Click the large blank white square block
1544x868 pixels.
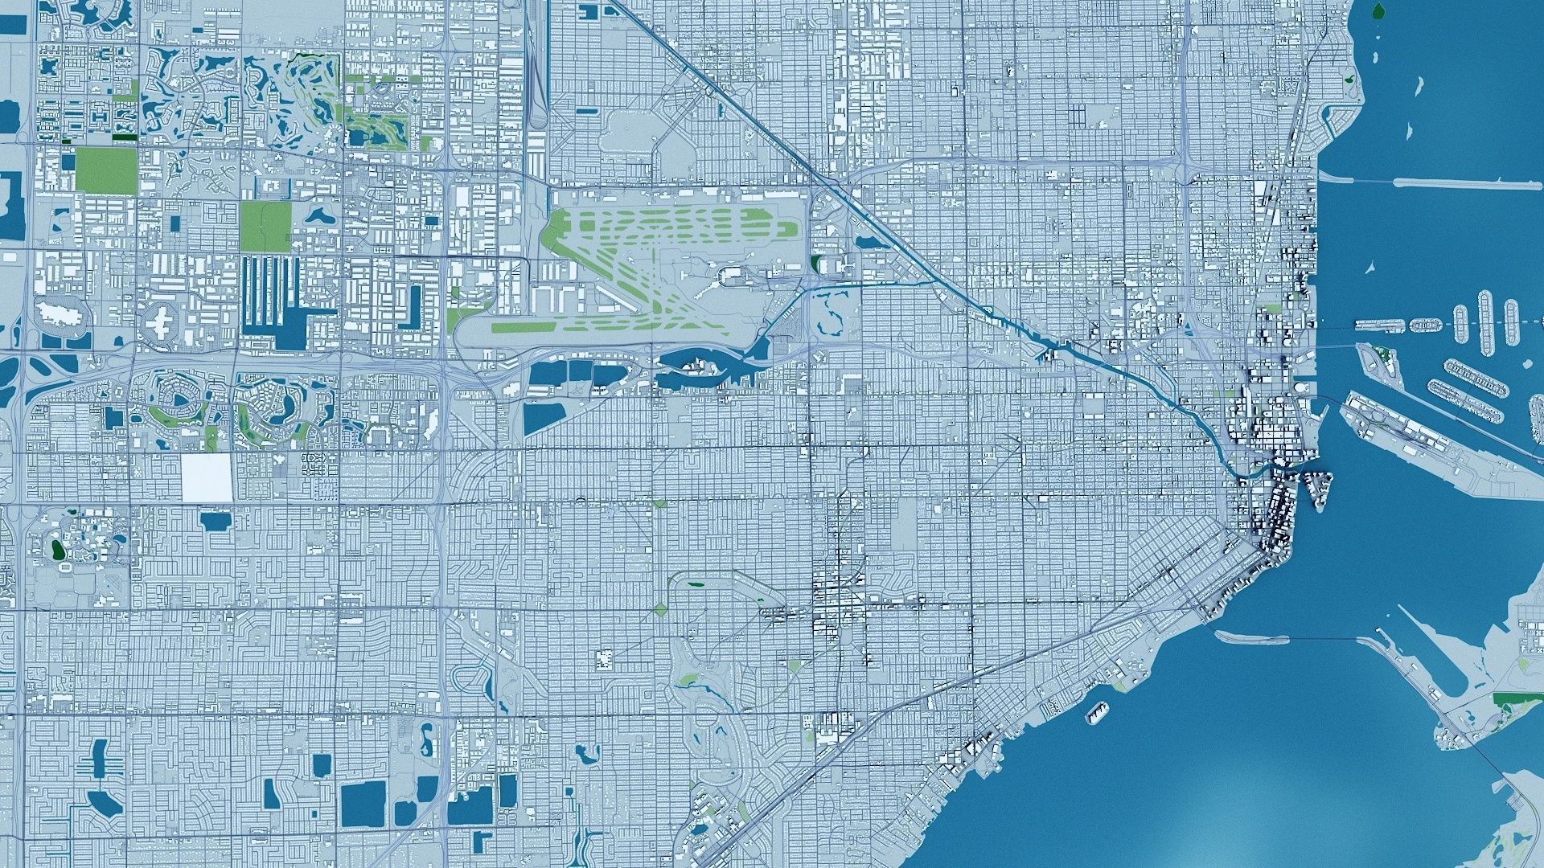point(207,478)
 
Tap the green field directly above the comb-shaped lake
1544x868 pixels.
point(265,224)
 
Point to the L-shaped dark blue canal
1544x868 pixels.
point(413,306)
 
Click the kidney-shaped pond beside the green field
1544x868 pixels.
point(318,217)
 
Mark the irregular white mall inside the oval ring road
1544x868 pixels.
point(58,313)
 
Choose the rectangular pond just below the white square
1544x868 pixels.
point(214,520)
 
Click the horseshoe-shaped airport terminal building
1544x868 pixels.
point(733,277)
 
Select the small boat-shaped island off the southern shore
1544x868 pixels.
point(1096,711)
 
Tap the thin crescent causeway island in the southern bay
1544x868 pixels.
point(1250,638)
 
